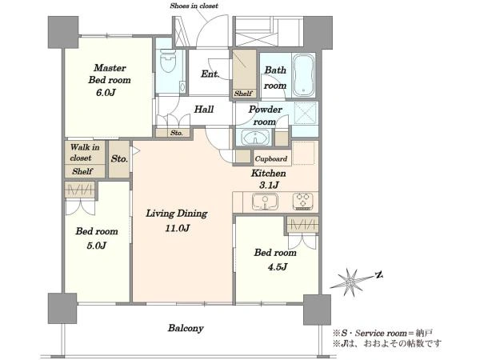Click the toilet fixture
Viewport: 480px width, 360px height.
point(168,61)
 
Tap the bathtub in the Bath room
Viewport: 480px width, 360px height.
point(303,75)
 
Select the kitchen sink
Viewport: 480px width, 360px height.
point(265,202)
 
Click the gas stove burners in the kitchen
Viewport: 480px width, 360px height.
point(302,201)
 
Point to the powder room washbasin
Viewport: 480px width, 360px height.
point(255,138)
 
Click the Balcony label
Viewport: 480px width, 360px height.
point(186,328)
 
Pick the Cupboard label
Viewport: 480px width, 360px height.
point(271,159)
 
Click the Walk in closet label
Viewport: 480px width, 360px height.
point(85,153)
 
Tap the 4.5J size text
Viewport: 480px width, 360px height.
point(278,267)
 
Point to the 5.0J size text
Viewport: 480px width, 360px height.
point(97,246)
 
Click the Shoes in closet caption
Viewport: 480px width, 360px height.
point(194,6)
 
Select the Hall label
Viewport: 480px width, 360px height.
point(203,110)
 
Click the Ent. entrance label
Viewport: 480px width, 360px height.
point(210,74)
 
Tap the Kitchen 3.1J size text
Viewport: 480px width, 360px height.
point(269,185)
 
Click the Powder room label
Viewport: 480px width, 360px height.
point(265,115)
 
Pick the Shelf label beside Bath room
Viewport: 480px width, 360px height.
point(243,94)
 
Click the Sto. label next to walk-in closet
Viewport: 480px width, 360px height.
point(119,158)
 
